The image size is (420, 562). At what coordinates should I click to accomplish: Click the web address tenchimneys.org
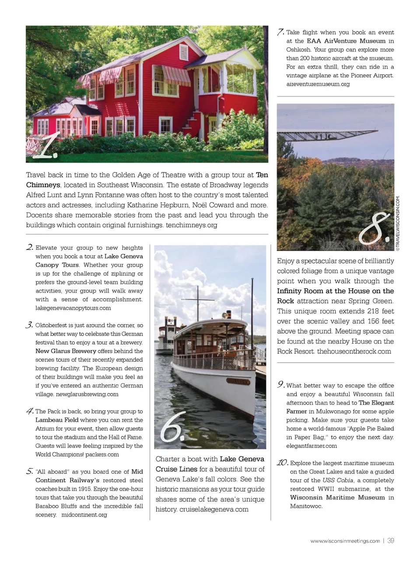pyautogui.click(x=191, y=225)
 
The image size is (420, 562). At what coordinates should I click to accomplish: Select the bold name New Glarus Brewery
pyautogui.click(x=66, y=351)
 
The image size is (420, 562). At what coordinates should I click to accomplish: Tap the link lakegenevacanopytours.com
pyautogui.click(x=73, y=308)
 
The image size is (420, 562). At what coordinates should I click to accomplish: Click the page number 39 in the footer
pyautogui.click(x=391, y=541)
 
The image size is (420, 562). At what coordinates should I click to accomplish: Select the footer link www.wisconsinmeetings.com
pyautogui.click(x=345, y=541)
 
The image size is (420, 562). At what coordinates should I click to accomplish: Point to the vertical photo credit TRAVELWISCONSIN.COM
pyautogui.click(x=398, y=223)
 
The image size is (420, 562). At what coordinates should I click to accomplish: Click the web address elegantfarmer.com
pyautogui.click(x=311, y=446)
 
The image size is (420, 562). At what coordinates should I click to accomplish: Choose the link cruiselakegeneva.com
pyautogui.click(x=213, y=509)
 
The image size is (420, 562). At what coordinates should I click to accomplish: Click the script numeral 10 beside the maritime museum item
pyautogui.click(x=282, y=463)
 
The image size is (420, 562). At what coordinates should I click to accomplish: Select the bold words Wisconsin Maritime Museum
pyautogui.click(x=337, y=498)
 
